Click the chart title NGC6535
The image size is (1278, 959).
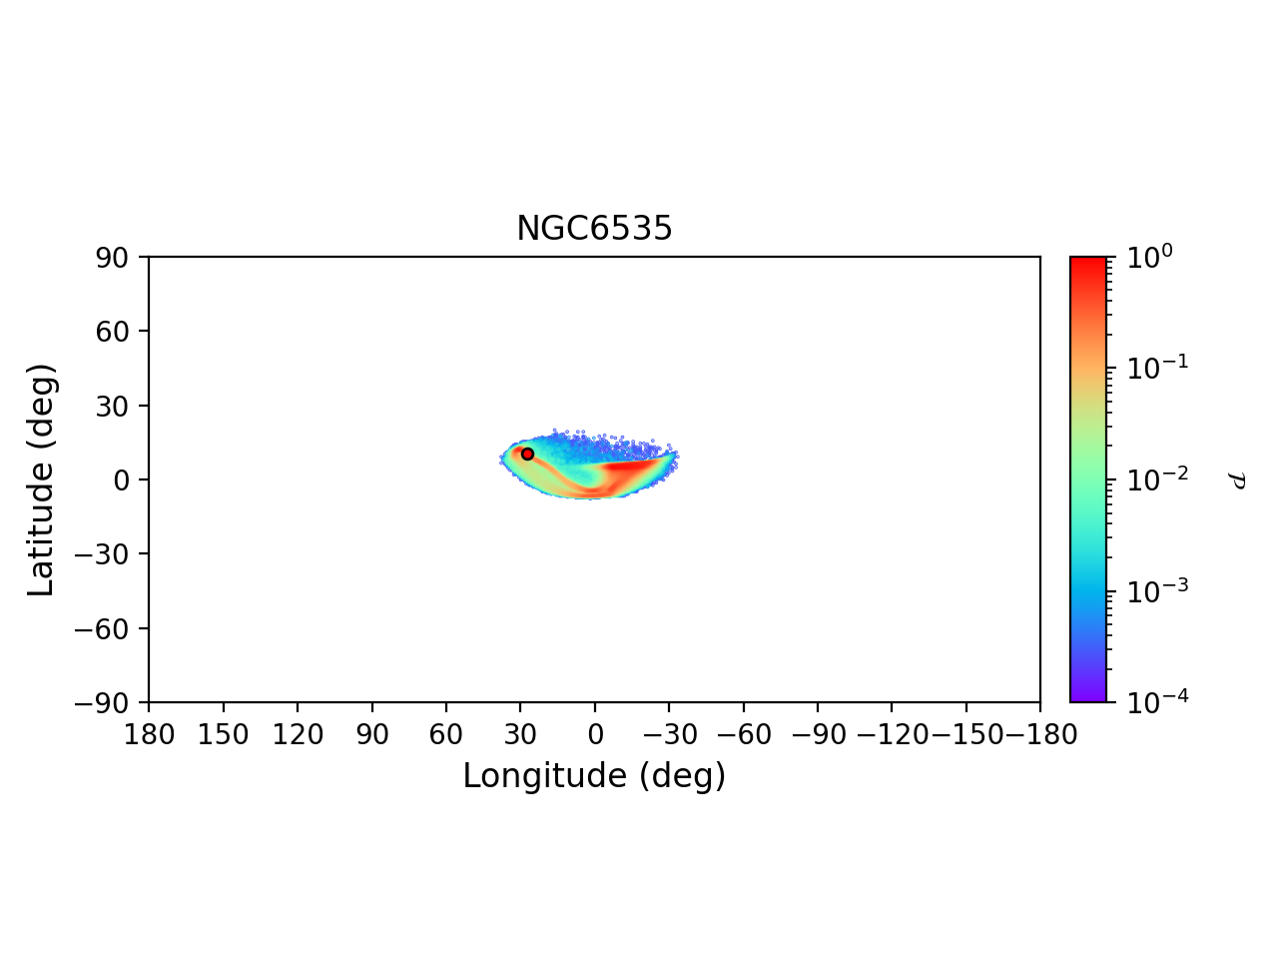[x=594, y=229]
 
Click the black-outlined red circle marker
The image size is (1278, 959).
[x=527, y=454]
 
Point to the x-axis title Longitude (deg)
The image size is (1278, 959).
[x=594, y=776]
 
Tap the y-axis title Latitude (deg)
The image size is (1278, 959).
[x=41, y=479]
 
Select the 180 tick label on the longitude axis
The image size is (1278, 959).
[x=149, y=735]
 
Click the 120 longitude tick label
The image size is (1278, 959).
[x=298, y=735]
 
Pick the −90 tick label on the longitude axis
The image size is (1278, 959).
[x=818, y=735]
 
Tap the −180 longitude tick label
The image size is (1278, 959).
[x=1038, y=735]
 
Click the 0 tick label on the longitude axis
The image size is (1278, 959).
[x=595, y=735]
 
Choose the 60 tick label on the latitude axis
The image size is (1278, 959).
[x=113, y=332]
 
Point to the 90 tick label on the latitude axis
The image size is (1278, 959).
[x=113, y=258]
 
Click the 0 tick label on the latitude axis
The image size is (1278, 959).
[x=122, y=480]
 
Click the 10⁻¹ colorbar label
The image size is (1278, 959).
[x=1150, y=367]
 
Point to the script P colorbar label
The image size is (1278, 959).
[x=1236, y=480]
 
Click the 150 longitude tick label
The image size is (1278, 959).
[x=223, y=735]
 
